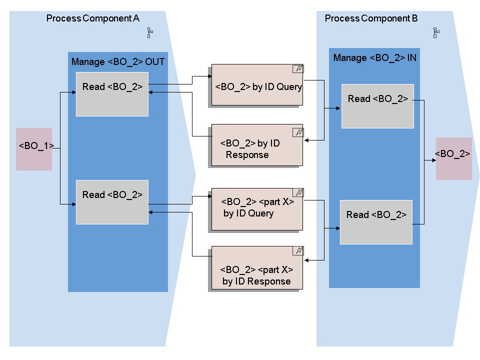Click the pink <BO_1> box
(x=34, y=149)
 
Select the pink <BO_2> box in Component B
(x=453, y=158)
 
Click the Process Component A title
(x=92, y=18)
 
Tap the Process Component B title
(x=371, y=18)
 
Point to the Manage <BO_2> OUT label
(x=118, y=62)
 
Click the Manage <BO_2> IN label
(x=374, y=58)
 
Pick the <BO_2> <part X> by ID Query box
(x=257, y=209)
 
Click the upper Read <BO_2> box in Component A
(x=112, y=94)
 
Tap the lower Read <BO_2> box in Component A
(x=112, y=202)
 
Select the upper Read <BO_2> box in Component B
(x=377, y=106)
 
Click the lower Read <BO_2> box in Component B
(x=376, y=222)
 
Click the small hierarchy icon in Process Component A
(x=149, y=33)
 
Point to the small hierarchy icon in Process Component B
(x=436, y=33)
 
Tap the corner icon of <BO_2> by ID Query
(x=298, y=69)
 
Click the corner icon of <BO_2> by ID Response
(x=298, y=132)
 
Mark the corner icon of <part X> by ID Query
(x=298, y=193)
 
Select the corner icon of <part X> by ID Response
(x=298, y=250)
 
